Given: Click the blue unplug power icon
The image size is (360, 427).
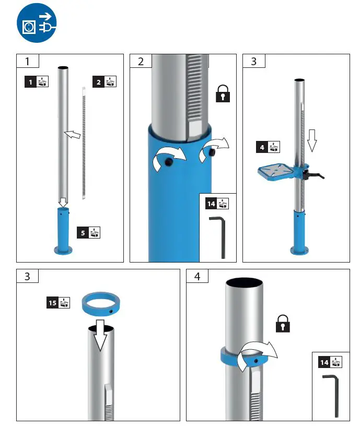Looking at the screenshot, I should coord(36,25).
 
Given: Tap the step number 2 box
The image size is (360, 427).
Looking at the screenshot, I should coord(141,62).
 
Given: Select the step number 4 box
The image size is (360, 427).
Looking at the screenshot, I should coord(198,276).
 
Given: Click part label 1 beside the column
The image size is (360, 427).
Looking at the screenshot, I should coord(37,81).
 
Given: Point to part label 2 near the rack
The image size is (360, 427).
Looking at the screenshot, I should coord(104,81).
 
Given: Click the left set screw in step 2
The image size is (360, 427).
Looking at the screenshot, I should coord(169,163).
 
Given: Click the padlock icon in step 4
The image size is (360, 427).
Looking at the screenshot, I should coord(283,324).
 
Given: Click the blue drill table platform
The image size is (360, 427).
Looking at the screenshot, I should coord(276,171).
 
